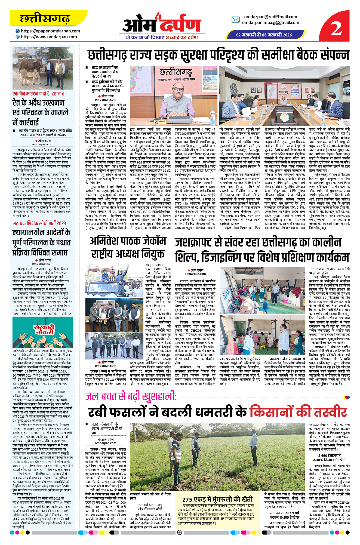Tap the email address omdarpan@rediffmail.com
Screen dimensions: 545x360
pyautogui.click(x=270, y=17)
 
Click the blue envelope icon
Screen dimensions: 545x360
pyautogui.click(x=235, y=20)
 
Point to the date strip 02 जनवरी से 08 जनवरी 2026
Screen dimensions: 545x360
pyautogui.click(x=264, y=35)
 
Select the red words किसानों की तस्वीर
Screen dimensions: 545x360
pyautogui.click(x=298, y=412)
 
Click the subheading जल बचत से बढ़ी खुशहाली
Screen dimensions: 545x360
pyautogui.click(x=131, y=396)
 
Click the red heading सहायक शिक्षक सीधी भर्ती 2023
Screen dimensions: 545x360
pyautogui.click(x=40, y=223)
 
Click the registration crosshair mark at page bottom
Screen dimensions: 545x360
pyautogui.click(x=180, y=532)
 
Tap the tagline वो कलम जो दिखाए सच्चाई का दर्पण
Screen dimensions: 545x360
pyautogui.click(x=161, y=37)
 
